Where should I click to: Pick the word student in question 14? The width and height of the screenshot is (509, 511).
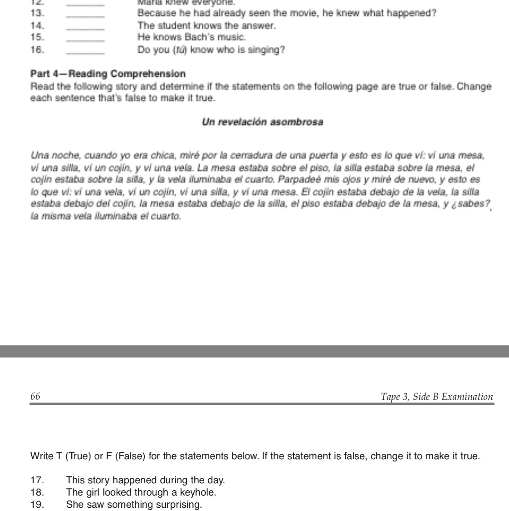pos(171,26)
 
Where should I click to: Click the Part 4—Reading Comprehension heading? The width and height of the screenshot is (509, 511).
pos(108,74)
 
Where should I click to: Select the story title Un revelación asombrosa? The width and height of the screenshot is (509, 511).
pos(262,122)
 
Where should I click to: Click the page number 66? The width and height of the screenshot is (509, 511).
pos(35,397)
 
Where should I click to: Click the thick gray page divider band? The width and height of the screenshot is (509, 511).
pos(254,351)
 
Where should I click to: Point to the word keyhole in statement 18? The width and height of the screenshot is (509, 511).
pos(199,492)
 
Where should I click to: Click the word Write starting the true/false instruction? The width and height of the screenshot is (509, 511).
pos(42,456)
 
